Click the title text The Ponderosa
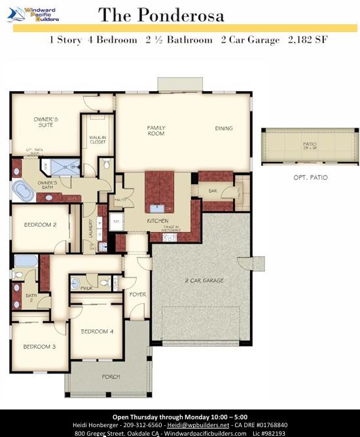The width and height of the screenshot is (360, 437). [x=161, y=15]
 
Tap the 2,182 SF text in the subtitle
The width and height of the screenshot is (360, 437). [x=308, y=40]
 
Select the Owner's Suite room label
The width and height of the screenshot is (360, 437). [x=46, y=123]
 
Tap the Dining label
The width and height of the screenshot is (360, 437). [x=224, y=128]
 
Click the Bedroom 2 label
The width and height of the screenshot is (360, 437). [x=40, y=225]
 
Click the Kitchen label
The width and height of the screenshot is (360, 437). [x=158, y=221]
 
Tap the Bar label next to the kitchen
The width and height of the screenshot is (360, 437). [x=213, y=192]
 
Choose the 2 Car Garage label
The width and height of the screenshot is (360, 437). [x=204, y=280]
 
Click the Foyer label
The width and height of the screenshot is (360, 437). [x=137, y=294]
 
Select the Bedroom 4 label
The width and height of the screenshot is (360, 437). [x=97, y=332]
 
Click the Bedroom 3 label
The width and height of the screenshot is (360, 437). [x=39, y=347]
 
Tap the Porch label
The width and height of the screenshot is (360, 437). [x=111, y=377]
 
